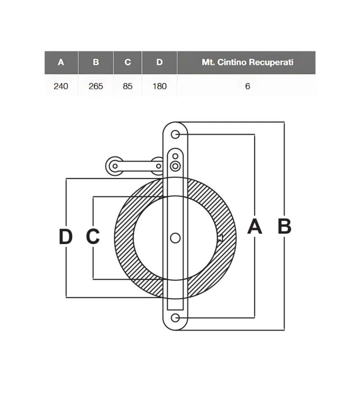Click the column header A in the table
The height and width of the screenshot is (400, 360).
[61, 62]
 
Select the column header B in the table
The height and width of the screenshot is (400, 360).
[96, 62]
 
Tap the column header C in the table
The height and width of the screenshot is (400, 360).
[128, 62]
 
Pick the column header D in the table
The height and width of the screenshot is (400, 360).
[160, 62]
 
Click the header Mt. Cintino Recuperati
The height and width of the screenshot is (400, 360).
[248, 62]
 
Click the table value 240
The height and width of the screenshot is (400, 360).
[61, 86]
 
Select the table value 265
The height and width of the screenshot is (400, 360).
[96, 86]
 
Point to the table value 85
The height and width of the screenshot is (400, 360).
[128, 86]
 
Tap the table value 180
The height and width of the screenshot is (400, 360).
[160, 86]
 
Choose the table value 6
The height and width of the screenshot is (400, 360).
[248, 86]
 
